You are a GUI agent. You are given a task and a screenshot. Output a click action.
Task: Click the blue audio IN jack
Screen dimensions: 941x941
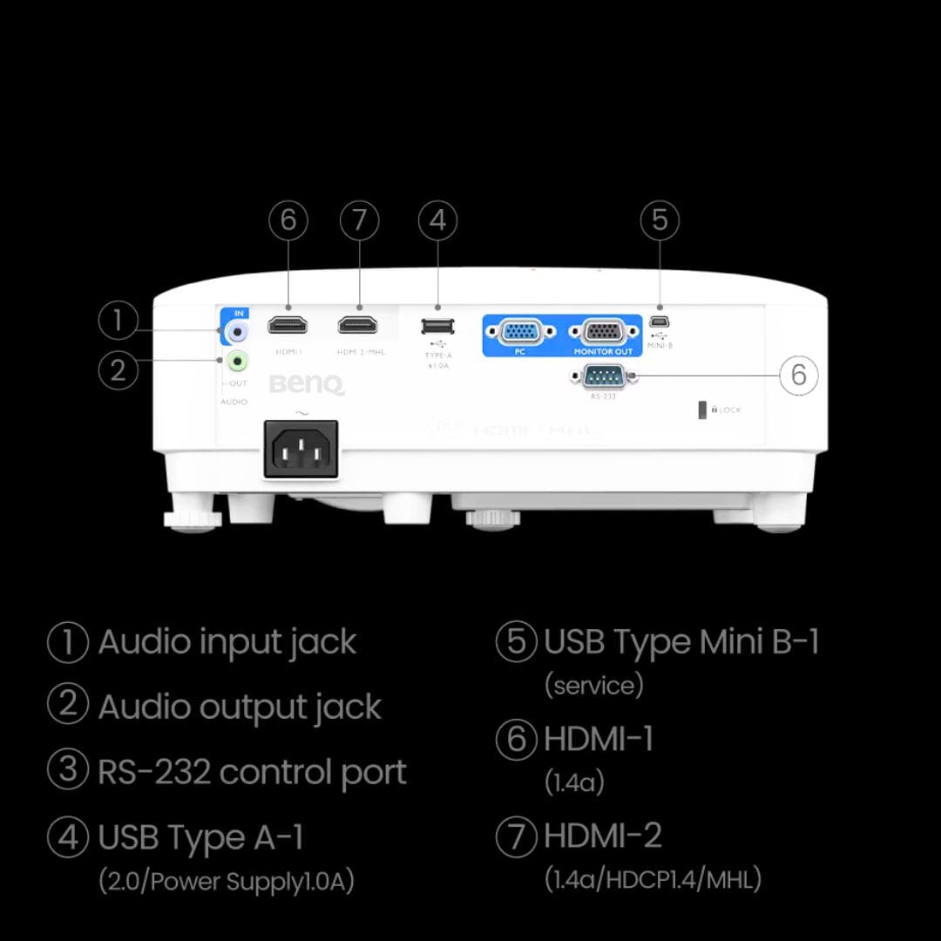click(236, 331)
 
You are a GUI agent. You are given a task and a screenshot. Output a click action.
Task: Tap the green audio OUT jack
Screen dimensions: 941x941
click(236, 359)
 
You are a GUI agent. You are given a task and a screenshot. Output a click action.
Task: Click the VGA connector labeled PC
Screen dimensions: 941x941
click(519, 332)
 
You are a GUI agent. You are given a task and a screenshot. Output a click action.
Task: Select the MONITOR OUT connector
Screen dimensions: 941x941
click(601, 332)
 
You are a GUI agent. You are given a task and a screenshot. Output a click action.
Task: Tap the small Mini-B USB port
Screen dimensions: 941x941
click(660, 320)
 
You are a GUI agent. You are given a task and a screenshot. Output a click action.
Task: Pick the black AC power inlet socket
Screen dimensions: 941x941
click(301, 449)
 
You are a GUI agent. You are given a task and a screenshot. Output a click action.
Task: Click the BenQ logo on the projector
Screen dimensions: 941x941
click(307, 384)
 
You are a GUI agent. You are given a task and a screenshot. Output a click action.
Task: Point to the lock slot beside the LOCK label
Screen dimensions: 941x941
click(702, 410)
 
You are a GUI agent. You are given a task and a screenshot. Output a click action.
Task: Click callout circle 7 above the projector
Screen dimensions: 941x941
click(359, 220)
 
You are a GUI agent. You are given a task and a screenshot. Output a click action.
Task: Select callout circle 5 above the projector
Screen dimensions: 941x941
click(660, 220)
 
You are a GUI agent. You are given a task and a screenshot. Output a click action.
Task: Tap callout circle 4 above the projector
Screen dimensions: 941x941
click(438, 220)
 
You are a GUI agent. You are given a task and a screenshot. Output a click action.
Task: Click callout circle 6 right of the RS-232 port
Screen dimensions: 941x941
click(798, 376)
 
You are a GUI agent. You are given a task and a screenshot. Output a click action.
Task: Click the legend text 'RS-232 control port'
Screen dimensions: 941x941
click(252, 772)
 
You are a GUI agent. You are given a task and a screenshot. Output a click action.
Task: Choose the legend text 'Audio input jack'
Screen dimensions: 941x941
click(227, 642)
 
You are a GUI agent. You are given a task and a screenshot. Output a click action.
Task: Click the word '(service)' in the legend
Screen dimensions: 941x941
click(593, 685)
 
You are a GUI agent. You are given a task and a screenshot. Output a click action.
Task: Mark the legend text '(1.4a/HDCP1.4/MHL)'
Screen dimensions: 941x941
click(653, 878)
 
